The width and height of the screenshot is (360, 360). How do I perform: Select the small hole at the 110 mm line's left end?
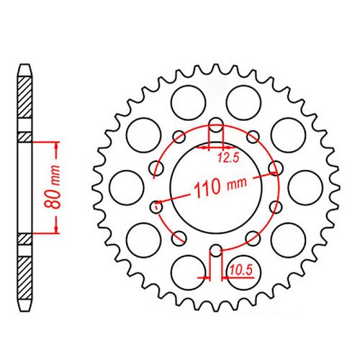point(155,206)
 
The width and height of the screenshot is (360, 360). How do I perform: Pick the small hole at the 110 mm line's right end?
point(274,168)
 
